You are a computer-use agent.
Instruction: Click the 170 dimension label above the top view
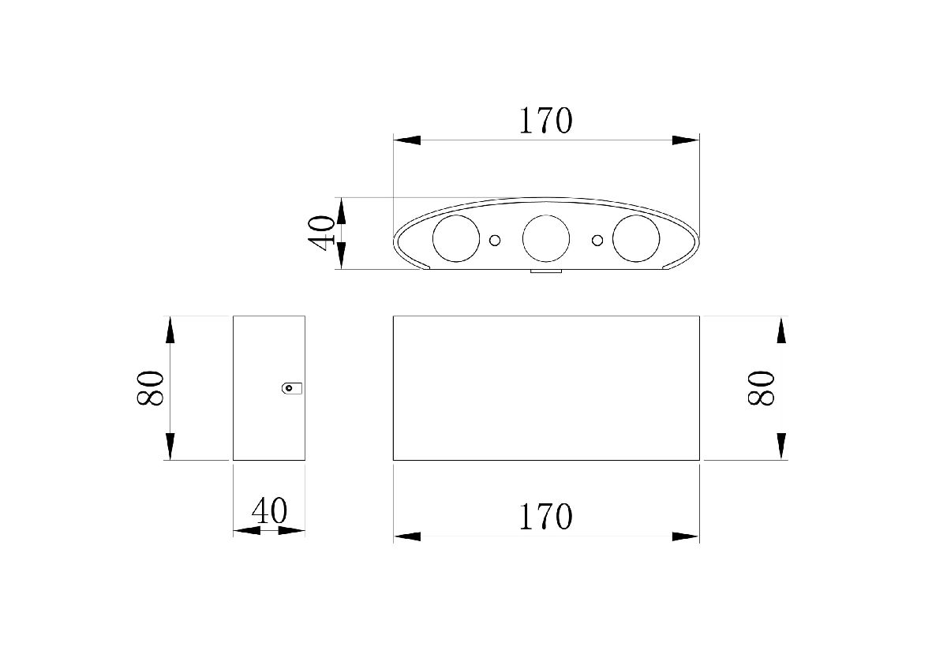tap(546, 121)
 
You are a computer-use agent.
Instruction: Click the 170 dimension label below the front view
tap(546, 517)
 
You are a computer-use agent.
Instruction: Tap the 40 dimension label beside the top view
tap(321, 234)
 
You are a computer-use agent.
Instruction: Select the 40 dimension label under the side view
tap(269, 510)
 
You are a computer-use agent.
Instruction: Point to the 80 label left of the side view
tap(150, 388)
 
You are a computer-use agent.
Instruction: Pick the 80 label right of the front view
tap(761, 388)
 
